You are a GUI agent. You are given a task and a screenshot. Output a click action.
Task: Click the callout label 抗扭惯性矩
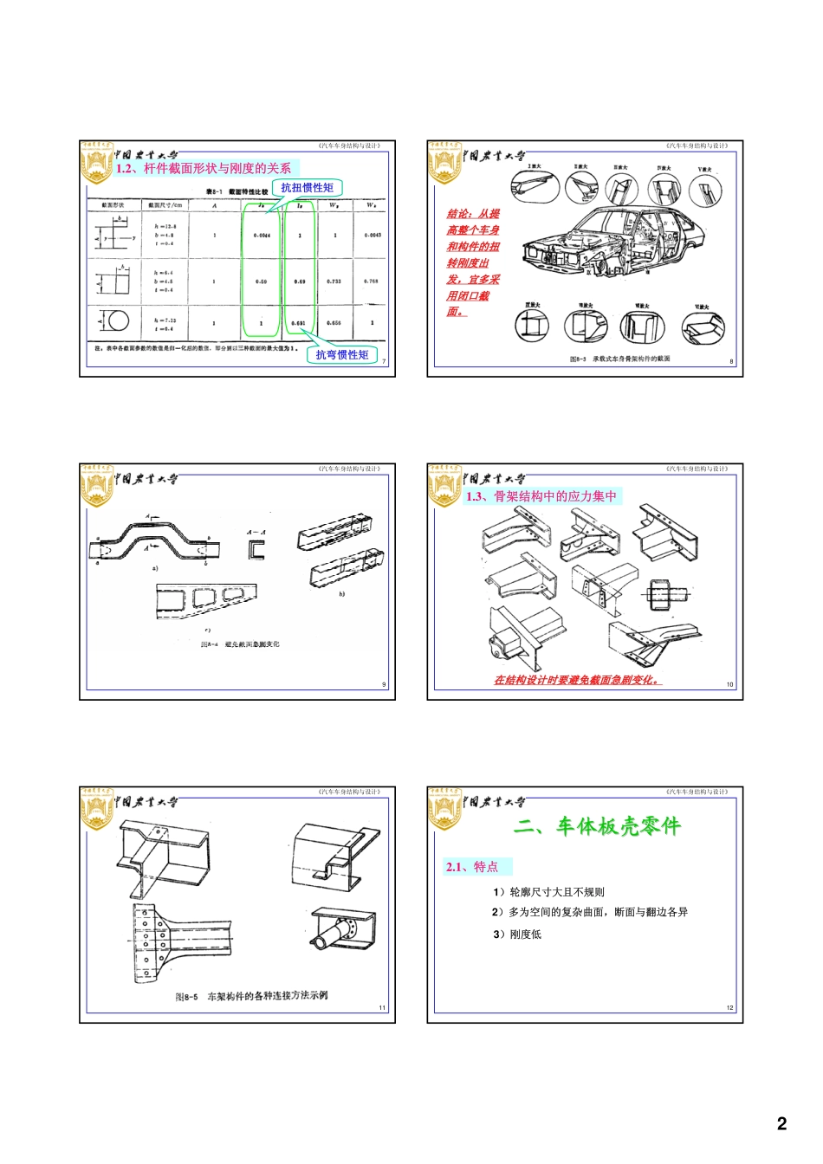pos(307,188)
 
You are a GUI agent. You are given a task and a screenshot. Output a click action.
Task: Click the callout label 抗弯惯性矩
pos(341,354)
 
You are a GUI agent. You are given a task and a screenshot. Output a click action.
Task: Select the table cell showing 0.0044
pos(262,236)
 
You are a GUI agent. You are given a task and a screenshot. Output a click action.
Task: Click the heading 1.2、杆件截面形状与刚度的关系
pos(204,169)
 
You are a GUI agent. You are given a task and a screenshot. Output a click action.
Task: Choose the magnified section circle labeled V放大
pos(705,189)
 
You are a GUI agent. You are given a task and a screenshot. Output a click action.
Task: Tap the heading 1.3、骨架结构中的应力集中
pos(541,496)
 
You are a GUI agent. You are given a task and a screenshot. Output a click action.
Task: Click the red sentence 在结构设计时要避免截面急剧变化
pos(577,681)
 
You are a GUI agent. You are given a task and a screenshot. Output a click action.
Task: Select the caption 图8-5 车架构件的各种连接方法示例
pos(251,996)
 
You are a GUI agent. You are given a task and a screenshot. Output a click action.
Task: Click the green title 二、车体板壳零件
pos(597,826)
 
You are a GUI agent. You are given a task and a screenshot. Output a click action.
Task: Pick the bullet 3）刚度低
pos(517,934)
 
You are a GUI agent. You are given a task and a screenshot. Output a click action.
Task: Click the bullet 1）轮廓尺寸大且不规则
pos(548,892)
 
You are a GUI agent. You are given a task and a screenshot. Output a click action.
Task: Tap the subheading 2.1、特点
pos(472,867)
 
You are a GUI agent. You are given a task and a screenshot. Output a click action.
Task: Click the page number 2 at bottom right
pos(781,1123)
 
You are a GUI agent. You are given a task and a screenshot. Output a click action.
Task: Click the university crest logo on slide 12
pos(444,811)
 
